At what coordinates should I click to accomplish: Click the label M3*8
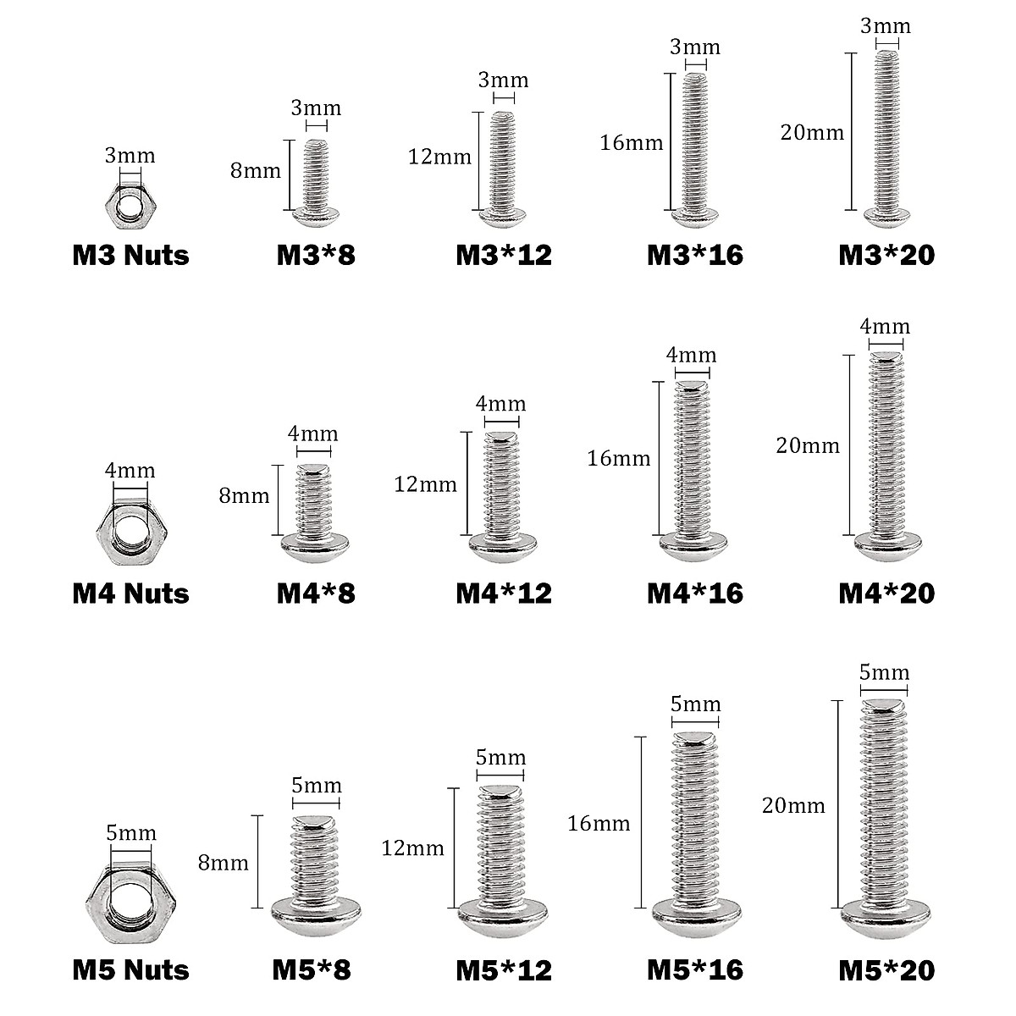coord(316,255)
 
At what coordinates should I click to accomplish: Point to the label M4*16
coord(694,593)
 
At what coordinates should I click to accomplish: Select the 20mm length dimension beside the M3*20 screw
coord(813,133)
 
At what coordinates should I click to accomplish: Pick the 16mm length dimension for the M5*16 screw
coord(599,822)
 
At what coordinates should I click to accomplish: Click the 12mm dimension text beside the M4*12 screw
coord(425,484)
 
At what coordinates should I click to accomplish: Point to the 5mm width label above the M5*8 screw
coord(316,786)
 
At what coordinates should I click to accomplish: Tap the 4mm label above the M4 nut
coord(130,470)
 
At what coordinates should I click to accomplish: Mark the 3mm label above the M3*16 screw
coord(694,47)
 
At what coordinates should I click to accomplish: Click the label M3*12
coord(504,255)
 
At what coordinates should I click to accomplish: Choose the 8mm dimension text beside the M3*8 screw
coord(256,170)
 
